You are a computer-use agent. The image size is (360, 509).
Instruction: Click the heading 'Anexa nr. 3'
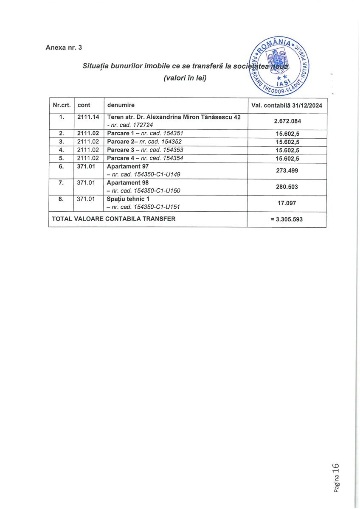pyautogui.click(x=64, y=48)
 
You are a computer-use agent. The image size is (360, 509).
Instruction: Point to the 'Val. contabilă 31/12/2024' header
pyautogui.click(x=287, y=105)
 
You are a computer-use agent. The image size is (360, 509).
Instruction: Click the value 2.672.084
pyautogui.click(x=287, y=121)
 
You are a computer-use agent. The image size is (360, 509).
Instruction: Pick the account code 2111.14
pyautogui.click(x=88, y=117)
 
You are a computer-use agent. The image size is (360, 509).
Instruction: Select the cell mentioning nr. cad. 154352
pyautogui.click(x=144, y=141)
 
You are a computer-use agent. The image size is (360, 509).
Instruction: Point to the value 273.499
pyautogui.click(x=287, y=170)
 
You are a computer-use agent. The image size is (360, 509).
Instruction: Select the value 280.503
pyautogui.click(x=287, y=187)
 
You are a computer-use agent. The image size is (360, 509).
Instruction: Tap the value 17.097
pyautogui.click(x=287, y=203)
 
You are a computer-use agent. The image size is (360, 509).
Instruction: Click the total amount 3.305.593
pyautogui.click(x=287, y=219)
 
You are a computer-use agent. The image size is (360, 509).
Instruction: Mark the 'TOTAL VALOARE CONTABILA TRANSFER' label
pyautogui.click(x=113, y=219)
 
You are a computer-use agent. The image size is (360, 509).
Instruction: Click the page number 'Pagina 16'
pyautogui.click(x=336, y=478)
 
